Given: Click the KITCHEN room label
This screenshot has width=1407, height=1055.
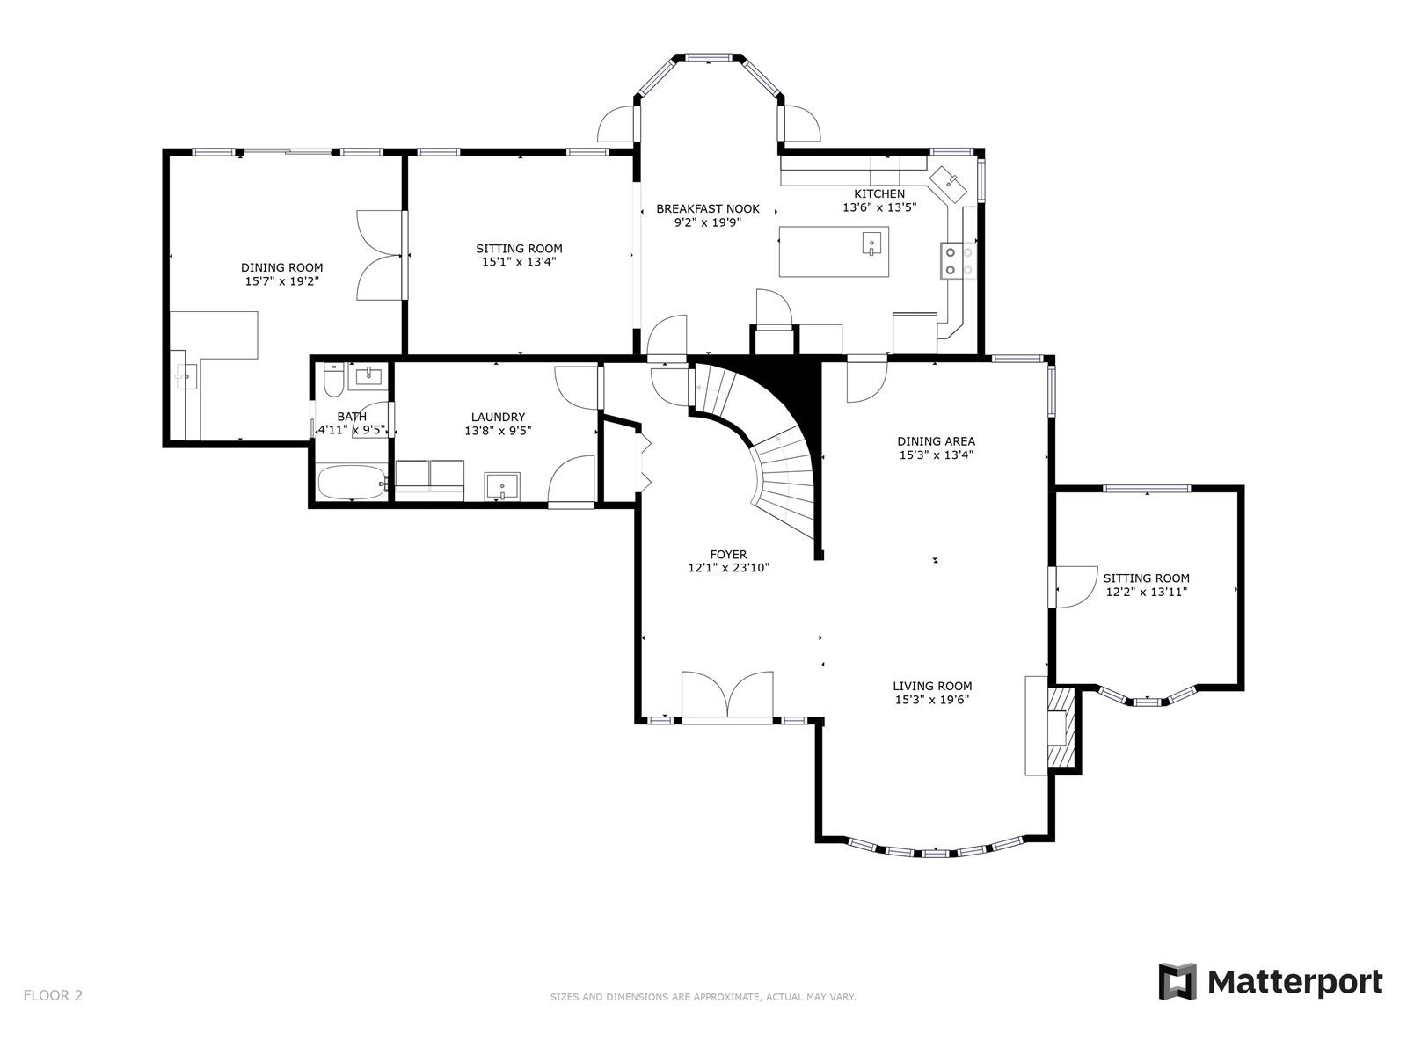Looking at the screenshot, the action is coord(878,193).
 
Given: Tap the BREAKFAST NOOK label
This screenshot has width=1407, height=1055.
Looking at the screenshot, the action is coord(708,209).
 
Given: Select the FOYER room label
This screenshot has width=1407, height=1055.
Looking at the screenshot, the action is coord(728,554).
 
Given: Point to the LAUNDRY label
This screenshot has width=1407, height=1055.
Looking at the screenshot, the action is coord(498,417).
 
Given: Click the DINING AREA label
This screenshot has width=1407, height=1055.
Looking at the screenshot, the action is coord(936,441).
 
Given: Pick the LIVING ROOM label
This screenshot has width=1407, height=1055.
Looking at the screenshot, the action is coord(932,686).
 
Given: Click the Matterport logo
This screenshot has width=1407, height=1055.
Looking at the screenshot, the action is coord(1270,981).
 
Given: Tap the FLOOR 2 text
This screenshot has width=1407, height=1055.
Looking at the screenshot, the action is coord(54,995).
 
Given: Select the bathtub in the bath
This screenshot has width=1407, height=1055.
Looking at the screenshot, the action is coord(352,483).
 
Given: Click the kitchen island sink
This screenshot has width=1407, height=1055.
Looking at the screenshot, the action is coord(871,244).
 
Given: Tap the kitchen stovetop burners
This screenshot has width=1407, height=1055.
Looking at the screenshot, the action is coord(959,261).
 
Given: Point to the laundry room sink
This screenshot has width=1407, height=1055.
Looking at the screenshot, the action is coord(502,486).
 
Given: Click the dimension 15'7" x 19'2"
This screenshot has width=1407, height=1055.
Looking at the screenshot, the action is coord(282,281).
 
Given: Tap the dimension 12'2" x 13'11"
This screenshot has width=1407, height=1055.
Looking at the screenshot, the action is coord(1146,592).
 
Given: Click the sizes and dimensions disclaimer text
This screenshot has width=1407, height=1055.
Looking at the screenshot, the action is coord(703,997).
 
